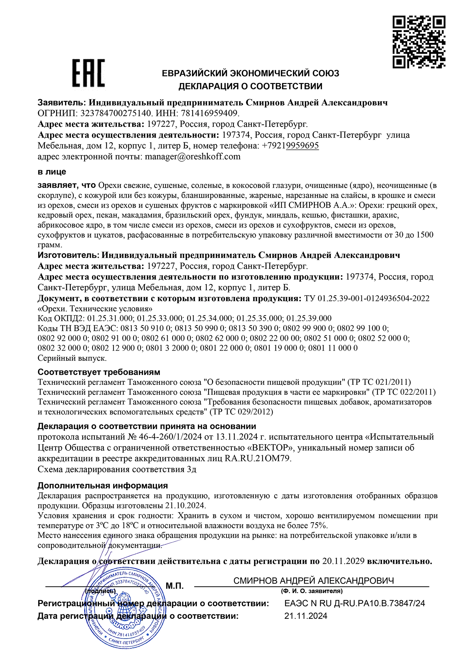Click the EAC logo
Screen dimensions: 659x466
(x=88, y=73)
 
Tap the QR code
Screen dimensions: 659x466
(x=419, y=42)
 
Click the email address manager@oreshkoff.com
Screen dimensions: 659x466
(x=193, y=157)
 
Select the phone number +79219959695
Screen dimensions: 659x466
(x=290, y=146)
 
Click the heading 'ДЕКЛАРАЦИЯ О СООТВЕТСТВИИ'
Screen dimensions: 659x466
(x=250, y=86)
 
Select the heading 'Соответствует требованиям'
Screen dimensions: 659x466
(x=99, y=372)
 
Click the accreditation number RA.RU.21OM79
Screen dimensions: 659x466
(x=258, y=459)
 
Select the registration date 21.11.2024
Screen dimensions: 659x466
(x=306, y=616)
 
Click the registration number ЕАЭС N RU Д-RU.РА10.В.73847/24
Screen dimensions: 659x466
(x=355, y=603)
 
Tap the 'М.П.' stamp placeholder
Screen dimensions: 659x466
(x=174, y=586)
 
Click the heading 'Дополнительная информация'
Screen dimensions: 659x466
(x=103, y=485)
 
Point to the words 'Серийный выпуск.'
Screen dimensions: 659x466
(x=72, y=358)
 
